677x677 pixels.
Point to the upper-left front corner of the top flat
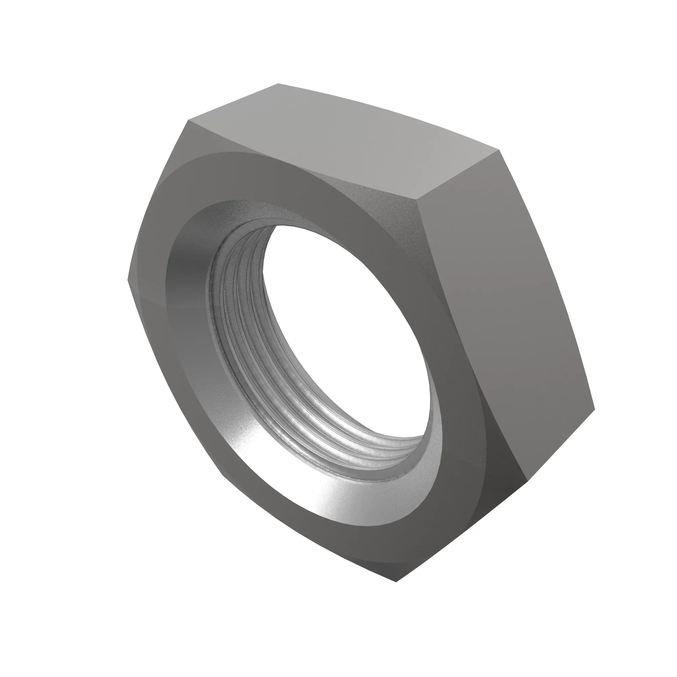pos(188,121)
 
